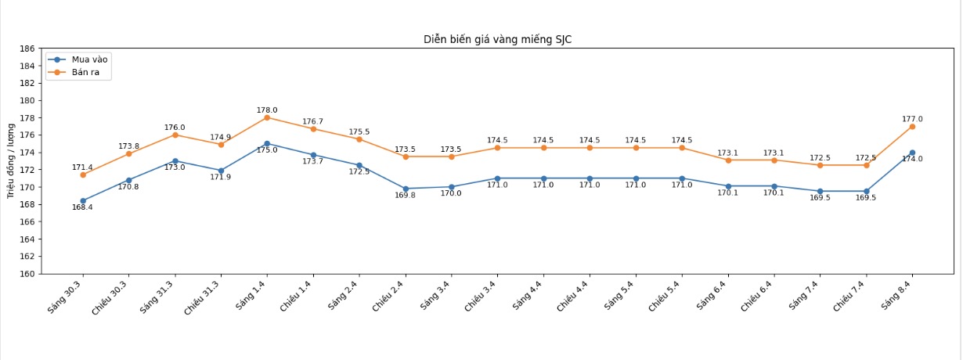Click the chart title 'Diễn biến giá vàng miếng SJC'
pyautogui.click(x=497, y=39)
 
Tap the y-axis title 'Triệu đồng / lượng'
pyautogui.click(x=12, y=161)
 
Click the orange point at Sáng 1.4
pyautogui.click(x=267, y=117)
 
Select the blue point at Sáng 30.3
pyautogui.click(x=83, y=201)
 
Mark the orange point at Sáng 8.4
pyautogui.click(x=912, y=126)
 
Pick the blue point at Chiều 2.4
pyautogui.click(x=406, y=189)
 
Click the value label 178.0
pyautogui.click(x=267, y=110)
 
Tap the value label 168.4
pyautogui.click(x=82, y=207)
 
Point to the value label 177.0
pyautogui.click(x=912, y=119)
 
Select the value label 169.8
pyautogui.click(x=406, y=196)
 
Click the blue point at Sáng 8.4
pyautogui.click(x=912, y=153)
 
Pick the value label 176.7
pyautogui.click(x=312, y=121)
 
